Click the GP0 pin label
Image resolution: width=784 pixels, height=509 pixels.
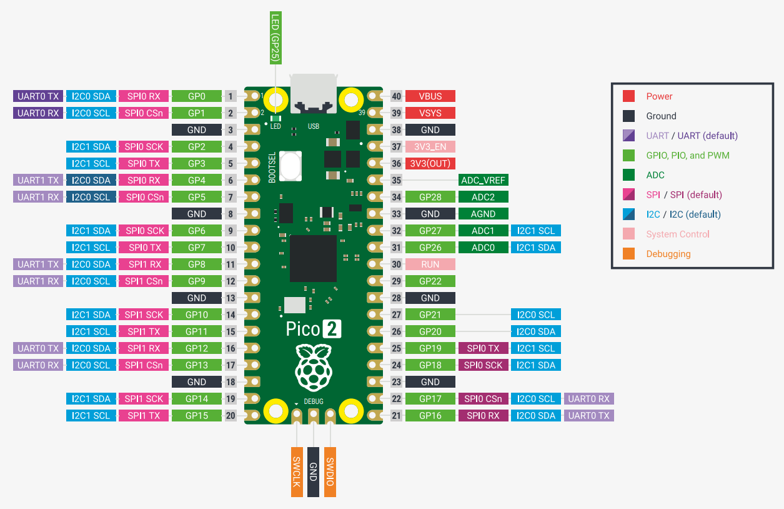(x=197, y=96)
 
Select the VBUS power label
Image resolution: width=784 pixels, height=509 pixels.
(x=430, y=96)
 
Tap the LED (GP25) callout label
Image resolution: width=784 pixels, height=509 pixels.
(x=275, y=38)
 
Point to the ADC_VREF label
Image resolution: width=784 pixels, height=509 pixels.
(x=484, y=180)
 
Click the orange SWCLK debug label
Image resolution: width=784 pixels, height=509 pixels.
(x=297, y=472)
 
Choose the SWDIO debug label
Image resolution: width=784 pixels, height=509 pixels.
(x=330, y=472)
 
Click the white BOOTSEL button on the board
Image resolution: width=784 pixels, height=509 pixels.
(x=289, y=166)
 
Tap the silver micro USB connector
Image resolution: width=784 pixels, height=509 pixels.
(x=314, y=93)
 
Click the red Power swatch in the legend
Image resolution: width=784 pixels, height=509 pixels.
(x=629, y=96)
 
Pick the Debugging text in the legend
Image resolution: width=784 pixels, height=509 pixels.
(x=668, y=254)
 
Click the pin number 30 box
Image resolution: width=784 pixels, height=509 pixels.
(x=396, y=265)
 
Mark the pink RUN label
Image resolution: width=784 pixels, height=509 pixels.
(x=430, y=265)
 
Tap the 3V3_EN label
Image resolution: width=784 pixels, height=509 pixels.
(x=430, y=147)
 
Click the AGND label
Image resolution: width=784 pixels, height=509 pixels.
(x=484, y=214)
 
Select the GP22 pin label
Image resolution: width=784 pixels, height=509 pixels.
(x=430, y=281)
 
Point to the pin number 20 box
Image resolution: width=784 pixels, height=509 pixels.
(x=231, y=416)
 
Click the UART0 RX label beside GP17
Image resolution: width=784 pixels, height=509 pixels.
(x=589, y=399)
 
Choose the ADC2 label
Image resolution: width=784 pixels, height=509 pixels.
(x=484, y=197)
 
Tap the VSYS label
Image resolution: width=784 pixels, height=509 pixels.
(x=430, y=113)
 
